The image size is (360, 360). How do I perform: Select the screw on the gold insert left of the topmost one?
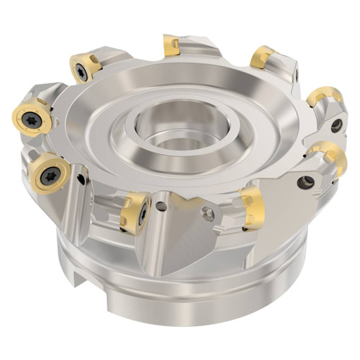[x=84, y=71]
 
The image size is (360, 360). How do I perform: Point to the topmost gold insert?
[x=171, y=45]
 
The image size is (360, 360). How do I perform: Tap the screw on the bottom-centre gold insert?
[x=143, y=213]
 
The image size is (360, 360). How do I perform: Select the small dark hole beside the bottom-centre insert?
[x=161, y=207]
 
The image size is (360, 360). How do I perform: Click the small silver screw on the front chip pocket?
[x=208, y=213]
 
